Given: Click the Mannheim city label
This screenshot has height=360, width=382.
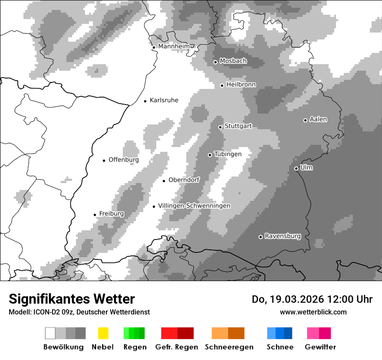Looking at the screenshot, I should pos(174,46).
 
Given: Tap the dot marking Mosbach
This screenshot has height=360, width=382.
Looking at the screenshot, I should pos(215,62).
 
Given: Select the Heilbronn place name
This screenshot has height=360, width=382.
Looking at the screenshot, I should pos(241,85).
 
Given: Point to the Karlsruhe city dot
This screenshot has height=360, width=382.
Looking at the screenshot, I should pos(145,101).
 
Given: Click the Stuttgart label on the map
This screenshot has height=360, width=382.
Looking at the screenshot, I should pos(238,126).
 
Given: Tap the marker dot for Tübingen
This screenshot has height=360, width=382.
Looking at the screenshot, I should pos(210,155).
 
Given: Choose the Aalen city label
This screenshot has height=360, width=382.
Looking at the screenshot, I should pos(318,119).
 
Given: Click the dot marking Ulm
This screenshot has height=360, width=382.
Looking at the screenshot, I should pos(296,168).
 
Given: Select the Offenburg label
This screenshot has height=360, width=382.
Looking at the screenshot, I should pos(124,160).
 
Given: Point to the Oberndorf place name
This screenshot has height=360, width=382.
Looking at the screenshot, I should pos(184,180).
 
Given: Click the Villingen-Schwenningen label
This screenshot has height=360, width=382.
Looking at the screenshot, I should pos(194,206).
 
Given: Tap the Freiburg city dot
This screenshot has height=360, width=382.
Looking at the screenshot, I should pos(95,215).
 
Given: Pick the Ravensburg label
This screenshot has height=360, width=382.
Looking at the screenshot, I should pos(283,236).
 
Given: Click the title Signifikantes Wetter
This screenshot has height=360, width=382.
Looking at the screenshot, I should pos(72,299).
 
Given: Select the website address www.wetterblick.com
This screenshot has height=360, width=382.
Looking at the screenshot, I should pos(313,312).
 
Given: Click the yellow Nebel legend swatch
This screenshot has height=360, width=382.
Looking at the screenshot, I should pos(103,333).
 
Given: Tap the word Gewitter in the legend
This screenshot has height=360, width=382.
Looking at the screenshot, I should pos(320,347).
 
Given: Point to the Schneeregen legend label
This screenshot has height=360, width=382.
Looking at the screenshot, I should pos(229,347).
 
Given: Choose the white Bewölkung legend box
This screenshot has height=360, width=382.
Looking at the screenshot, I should pos(50,333).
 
